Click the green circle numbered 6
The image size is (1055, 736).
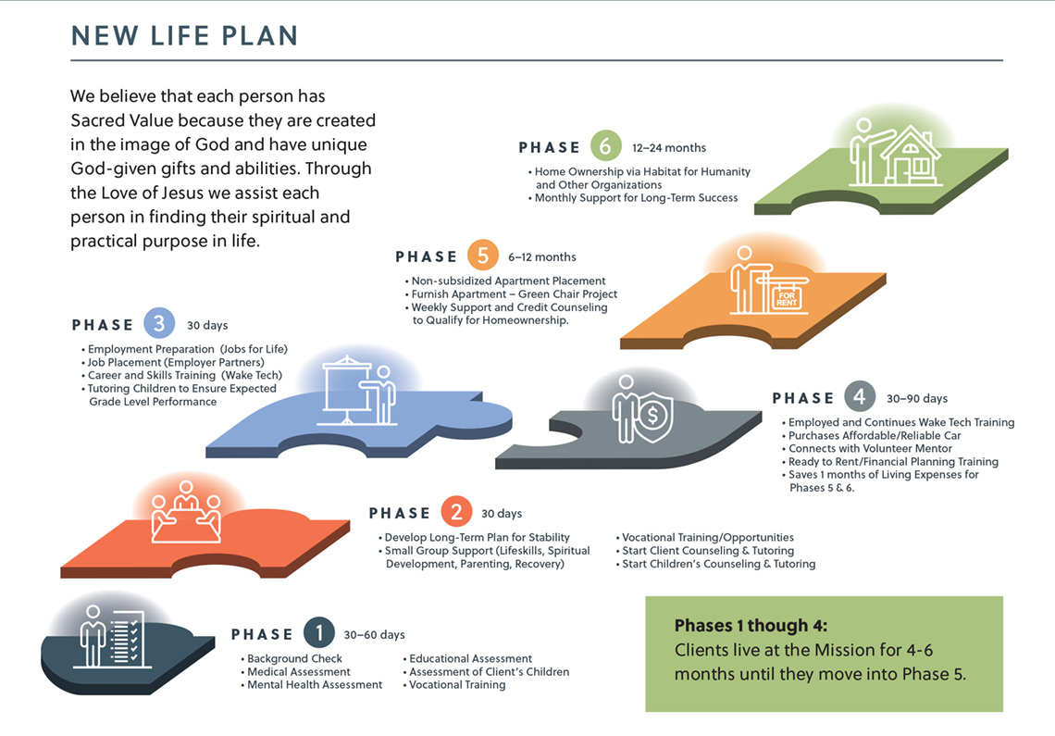[x=605, y=147]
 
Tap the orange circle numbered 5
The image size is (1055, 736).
[x=482, y=256]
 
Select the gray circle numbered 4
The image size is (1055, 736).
[x=859, y=396]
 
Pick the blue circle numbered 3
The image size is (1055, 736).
[x=159, y=324]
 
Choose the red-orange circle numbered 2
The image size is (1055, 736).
[x=456, y=513]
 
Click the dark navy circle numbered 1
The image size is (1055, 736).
[x=319, y=633]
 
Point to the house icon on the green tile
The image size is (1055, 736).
[x=910, y=156]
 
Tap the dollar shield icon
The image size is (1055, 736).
[x=652, y=417]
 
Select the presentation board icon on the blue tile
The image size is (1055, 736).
[x=346, y=390]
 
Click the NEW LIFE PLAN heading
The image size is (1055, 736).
[x=184, y=36]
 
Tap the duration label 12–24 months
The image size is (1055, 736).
[x=669, y=147]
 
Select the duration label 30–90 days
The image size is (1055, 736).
[x=916, y=399]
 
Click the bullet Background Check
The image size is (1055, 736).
[x=294, y=658]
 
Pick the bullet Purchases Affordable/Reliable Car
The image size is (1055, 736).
[x=875, y=436]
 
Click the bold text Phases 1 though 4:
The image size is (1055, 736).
[x=751, y=626]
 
